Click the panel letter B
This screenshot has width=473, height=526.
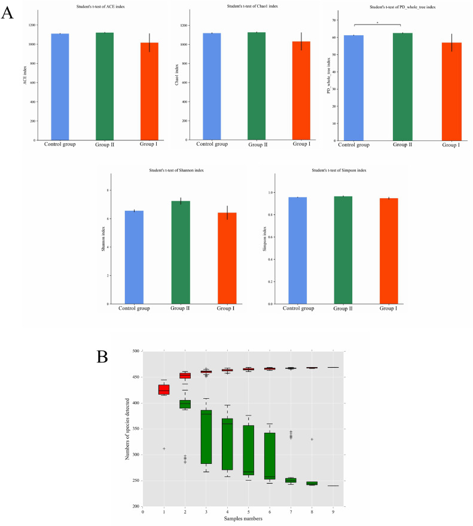(x=103, y=358)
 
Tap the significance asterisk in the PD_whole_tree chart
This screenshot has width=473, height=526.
(x=377, y=23)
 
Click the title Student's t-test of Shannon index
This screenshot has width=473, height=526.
(x=176, y=170)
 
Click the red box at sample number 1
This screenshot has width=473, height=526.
(x=164, y=390)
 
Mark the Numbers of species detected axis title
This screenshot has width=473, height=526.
(x=127, y=429)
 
